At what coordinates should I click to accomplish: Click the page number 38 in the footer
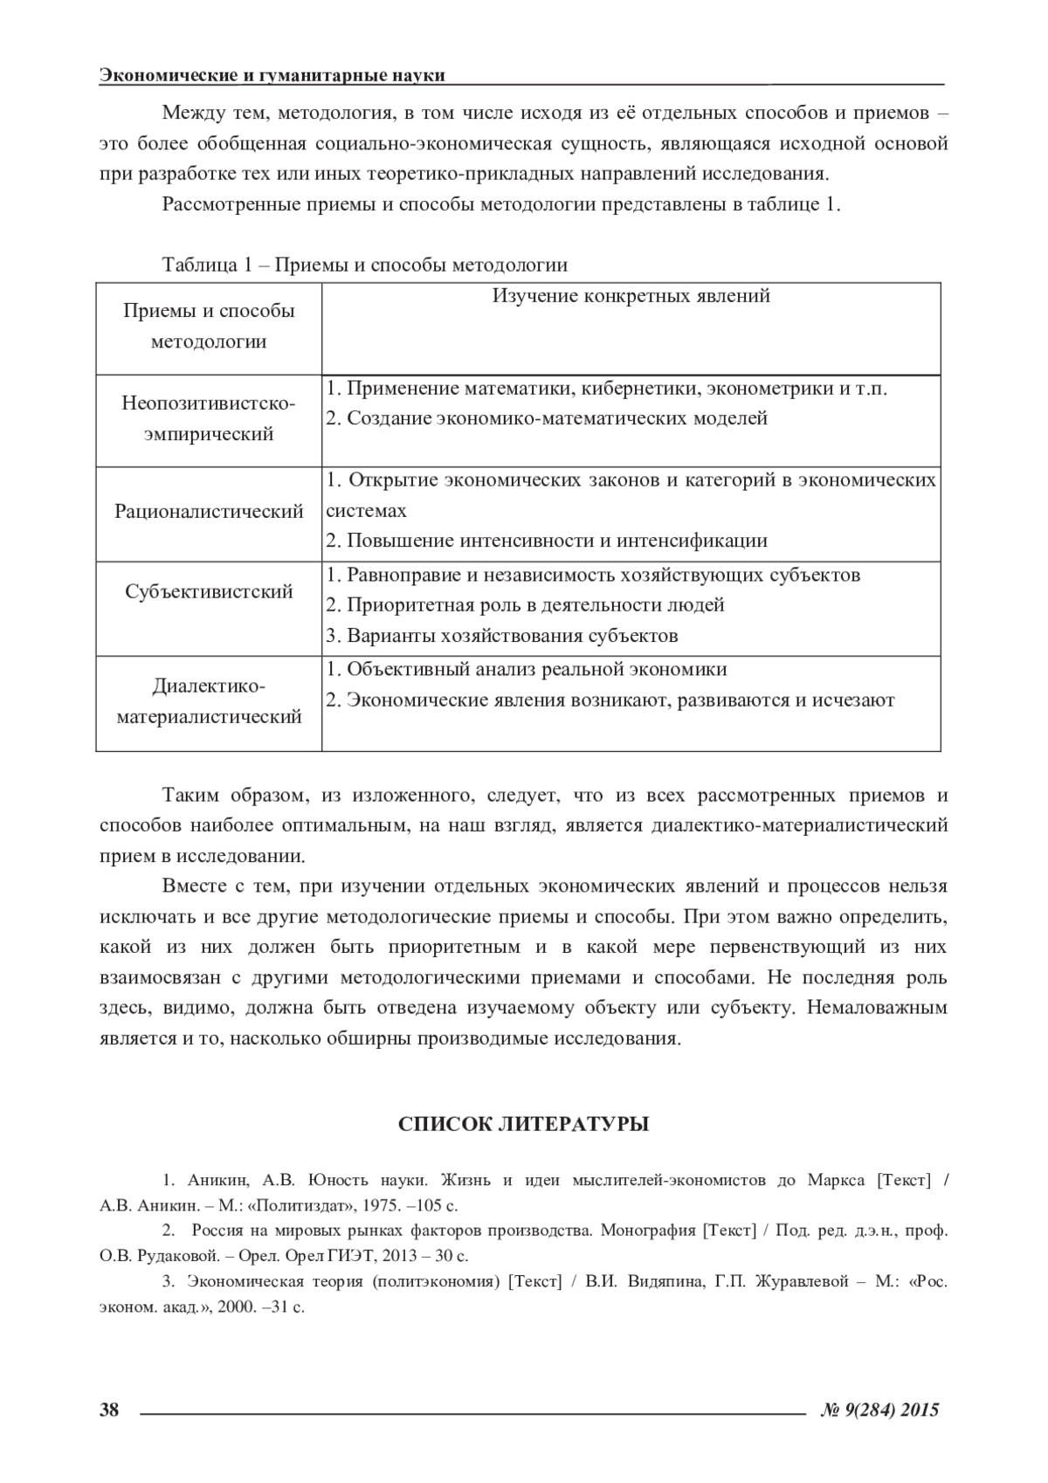(x=109, y=1409)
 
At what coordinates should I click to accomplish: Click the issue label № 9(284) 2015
(x=881, y=1409)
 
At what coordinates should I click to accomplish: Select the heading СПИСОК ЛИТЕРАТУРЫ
(x=523, y=1124)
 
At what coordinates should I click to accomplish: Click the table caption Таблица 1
(x=365, y=265)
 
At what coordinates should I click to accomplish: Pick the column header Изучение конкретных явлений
(x=631, y=295)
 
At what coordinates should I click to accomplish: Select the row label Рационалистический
(x=209, y=511)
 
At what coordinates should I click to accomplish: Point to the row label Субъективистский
(x=209, y=591)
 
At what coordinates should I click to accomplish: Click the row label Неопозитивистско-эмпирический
(x=209, y=419)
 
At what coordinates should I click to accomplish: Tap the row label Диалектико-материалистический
(x=209, y=701)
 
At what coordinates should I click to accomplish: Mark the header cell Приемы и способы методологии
(x=209, y=326)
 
